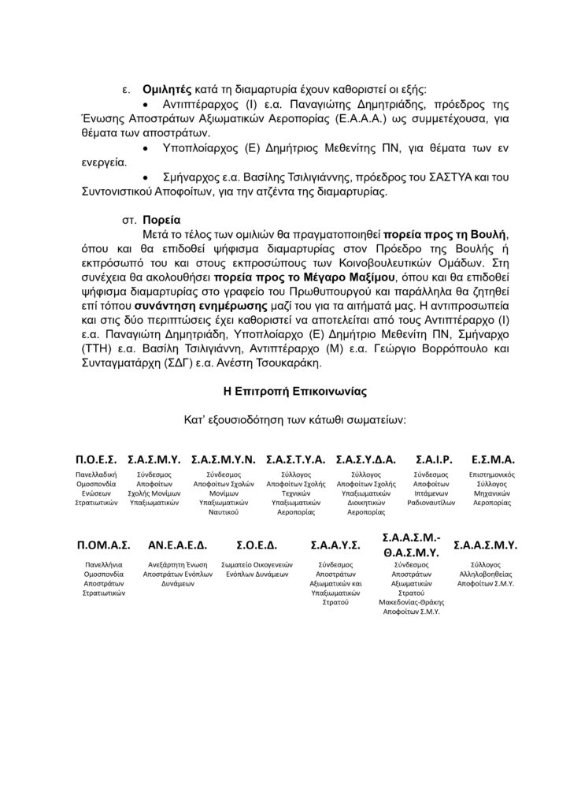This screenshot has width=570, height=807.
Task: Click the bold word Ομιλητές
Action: click(166, 91)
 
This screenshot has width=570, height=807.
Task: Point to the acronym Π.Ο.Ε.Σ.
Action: click(96, 459)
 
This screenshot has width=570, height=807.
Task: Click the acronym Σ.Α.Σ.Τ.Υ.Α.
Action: click(294, 459)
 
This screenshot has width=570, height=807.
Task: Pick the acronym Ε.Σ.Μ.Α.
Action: click(493, 459)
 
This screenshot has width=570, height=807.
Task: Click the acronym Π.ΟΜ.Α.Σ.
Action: click(103, 545)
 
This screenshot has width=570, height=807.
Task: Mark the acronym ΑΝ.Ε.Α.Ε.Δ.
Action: click(177, 545)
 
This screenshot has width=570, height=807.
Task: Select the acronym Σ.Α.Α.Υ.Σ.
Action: click(335, 545)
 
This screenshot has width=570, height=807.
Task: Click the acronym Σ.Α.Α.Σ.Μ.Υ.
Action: click(485, 545)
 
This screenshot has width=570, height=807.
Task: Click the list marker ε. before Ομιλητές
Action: click(125, 91)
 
